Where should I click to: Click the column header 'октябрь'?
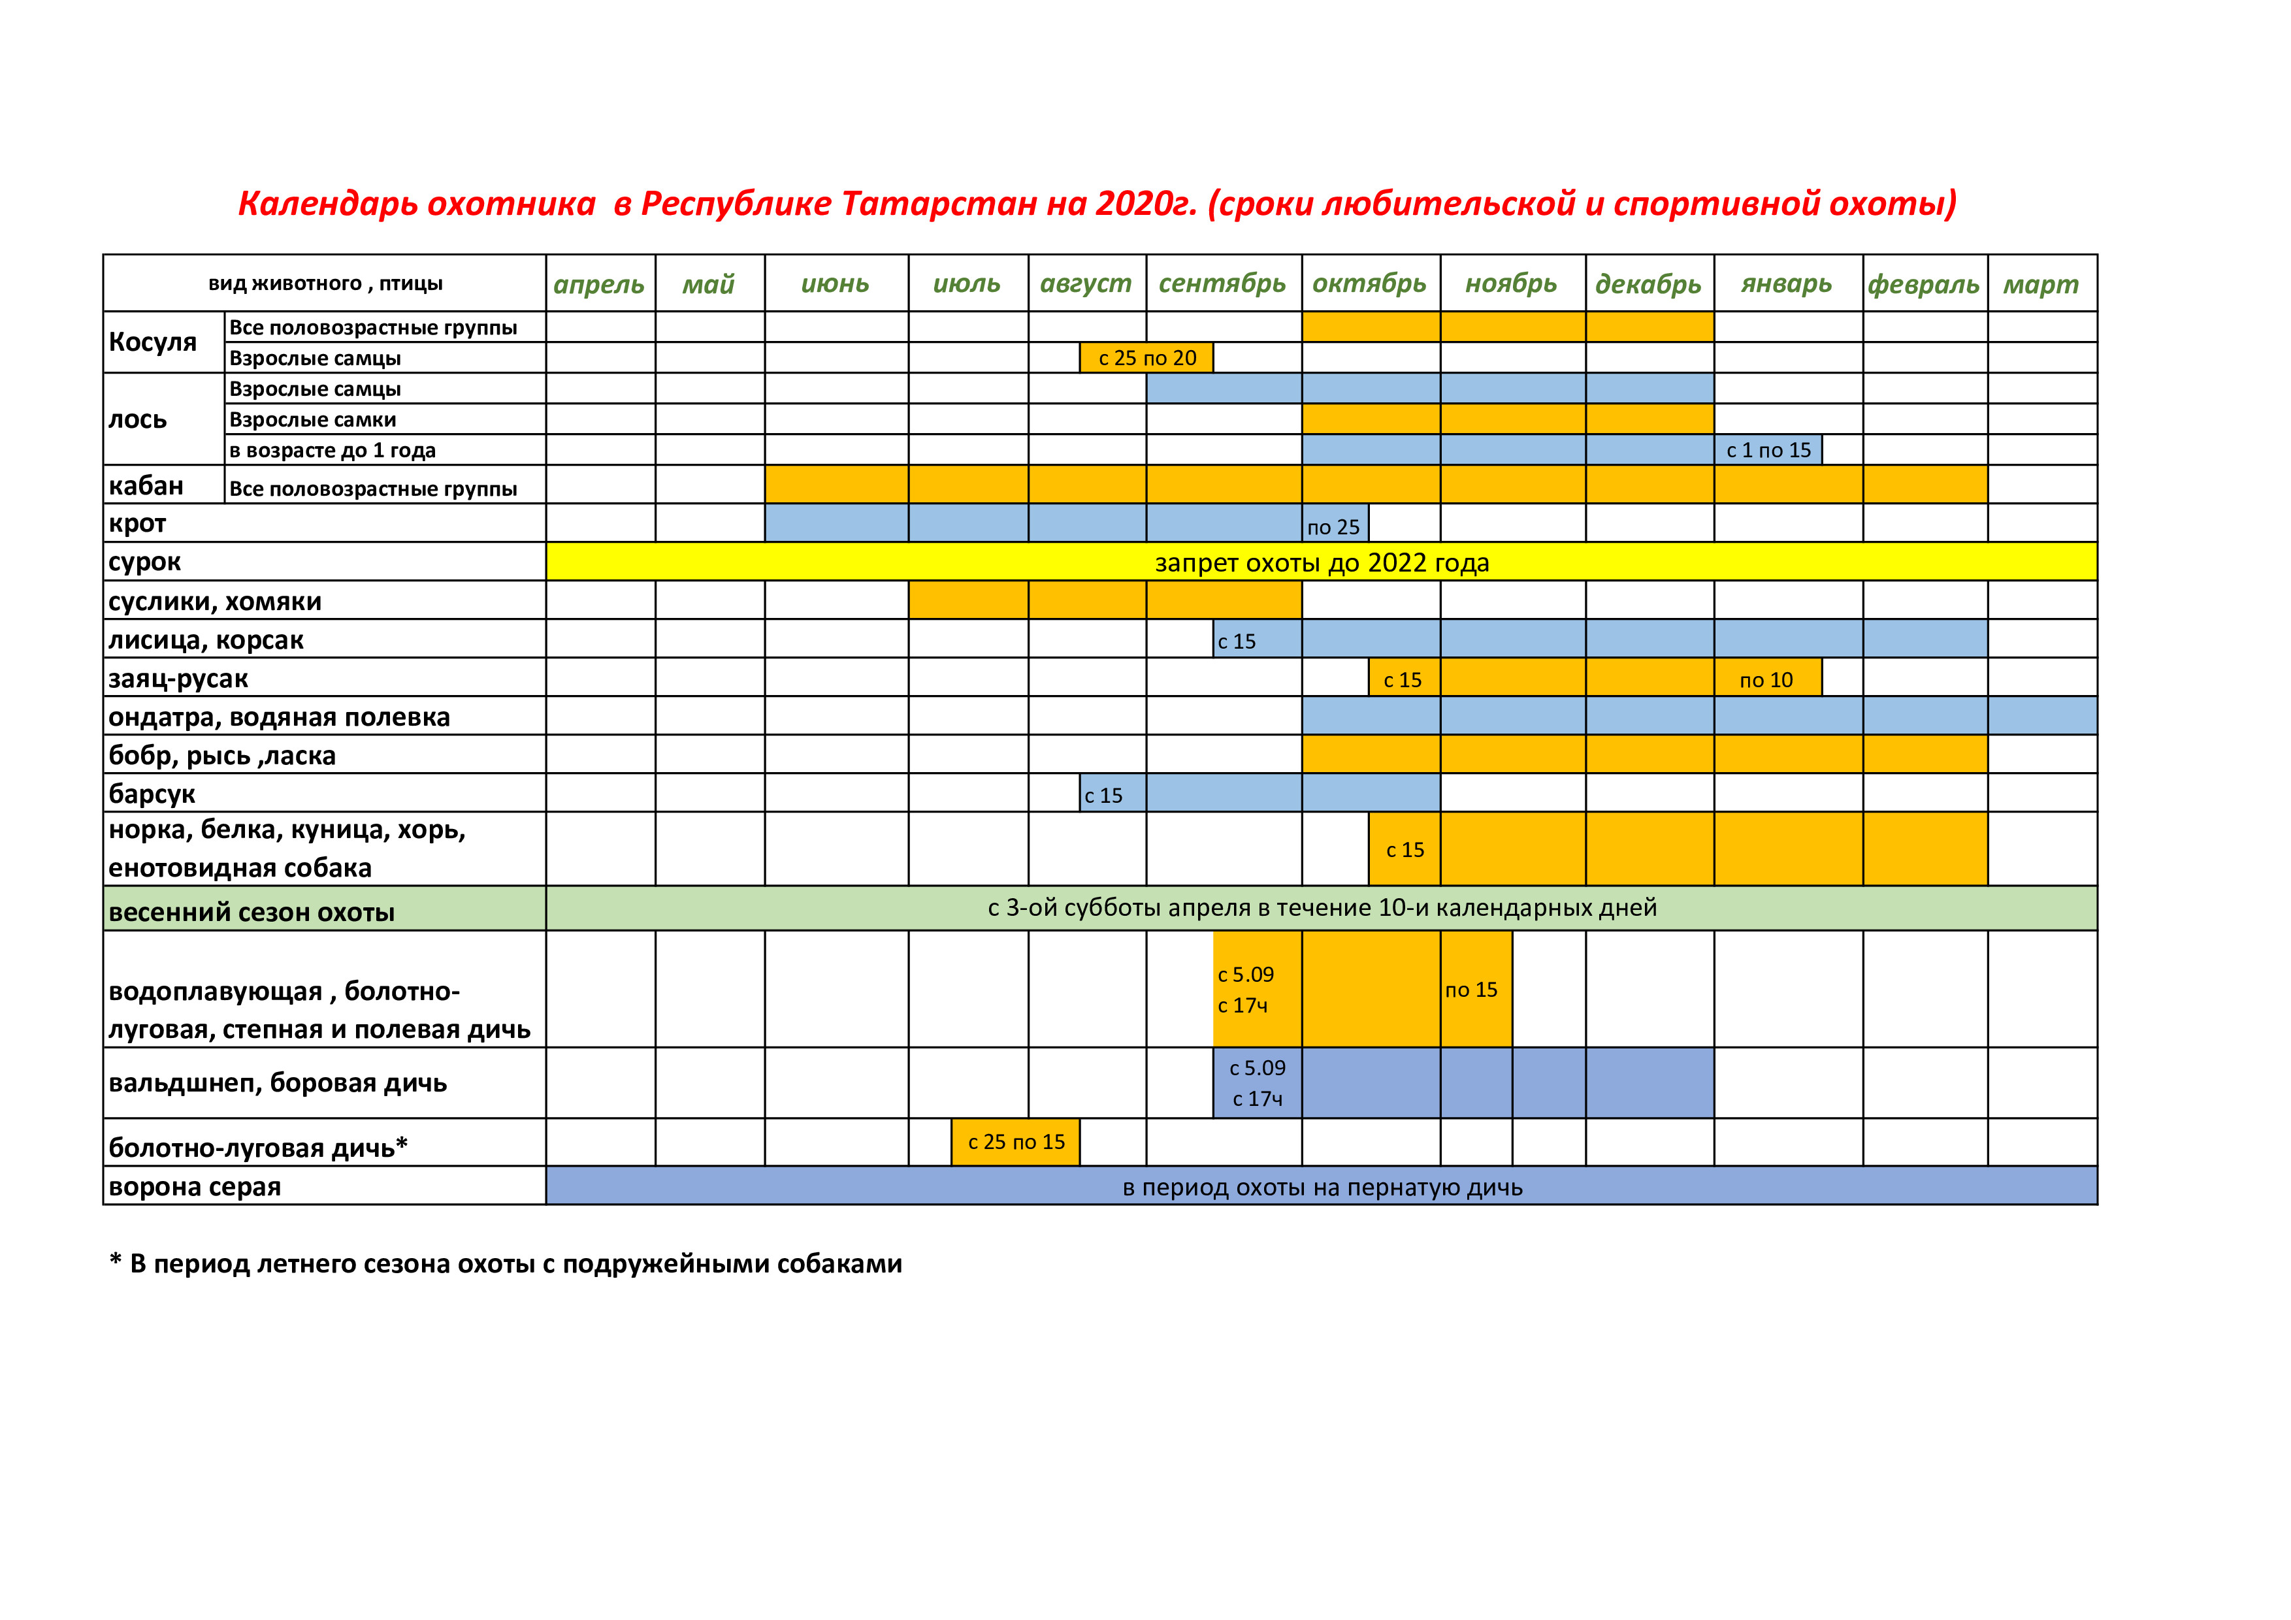(1369, 283)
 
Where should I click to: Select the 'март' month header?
(2041, 284)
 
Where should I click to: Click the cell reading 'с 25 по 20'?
(1146, 358)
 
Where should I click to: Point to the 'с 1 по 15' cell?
(1768, 450)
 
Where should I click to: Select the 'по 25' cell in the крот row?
(1334, 526)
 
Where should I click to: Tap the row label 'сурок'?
(146, 562)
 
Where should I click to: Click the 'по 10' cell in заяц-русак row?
(1766, 679)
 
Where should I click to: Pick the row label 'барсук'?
(153, 794)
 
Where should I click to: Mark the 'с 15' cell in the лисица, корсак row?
(1237, 641)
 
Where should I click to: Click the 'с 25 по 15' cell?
(1016, 1142)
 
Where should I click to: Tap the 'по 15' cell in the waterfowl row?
(1472, 990)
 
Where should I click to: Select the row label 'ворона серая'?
(195, 1187)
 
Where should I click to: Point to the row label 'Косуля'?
(153, 342)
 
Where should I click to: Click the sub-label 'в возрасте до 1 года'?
(333, 450)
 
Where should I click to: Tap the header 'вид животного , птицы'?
(325, 283)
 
